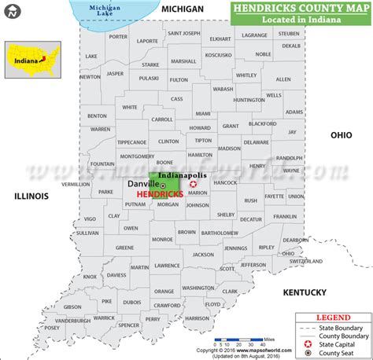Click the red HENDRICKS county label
(x=160, y=193)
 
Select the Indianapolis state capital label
(x=183, y=174)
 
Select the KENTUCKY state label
(x=305, y=292)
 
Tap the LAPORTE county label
(x=147, y=40)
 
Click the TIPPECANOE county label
(x=131, y=142)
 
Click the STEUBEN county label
(x=289, y=34)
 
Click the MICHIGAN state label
(x=183, y=8)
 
